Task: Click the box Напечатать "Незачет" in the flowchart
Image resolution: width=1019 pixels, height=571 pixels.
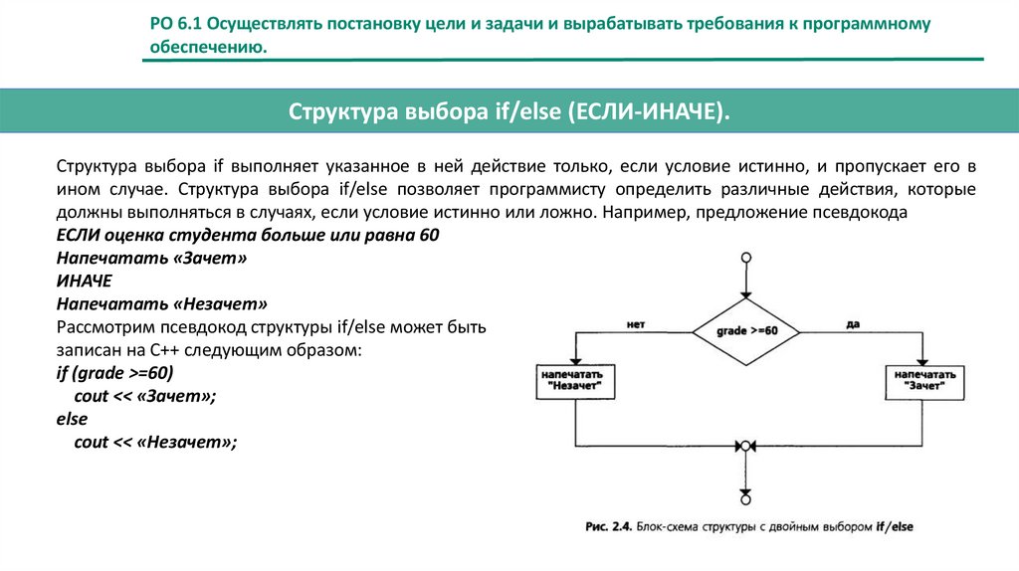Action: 575,381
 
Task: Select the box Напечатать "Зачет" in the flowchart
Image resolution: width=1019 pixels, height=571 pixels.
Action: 924,381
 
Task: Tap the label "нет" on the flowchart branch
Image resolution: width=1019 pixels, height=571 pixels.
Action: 637,324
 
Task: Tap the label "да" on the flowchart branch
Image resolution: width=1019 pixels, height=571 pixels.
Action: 852,324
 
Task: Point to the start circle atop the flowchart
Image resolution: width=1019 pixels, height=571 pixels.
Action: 745,258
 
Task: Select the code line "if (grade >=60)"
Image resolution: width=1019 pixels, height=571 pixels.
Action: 114,374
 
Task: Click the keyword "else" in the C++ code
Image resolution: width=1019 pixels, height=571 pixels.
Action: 72,419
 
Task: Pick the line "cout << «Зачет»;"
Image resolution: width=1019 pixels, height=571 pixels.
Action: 145,396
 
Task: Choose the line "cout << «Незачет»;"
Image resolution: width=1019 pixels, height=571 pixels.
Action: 156,442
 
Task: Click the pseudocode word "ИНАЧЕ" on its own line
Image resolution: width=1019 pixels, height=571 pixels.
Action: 85,280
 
